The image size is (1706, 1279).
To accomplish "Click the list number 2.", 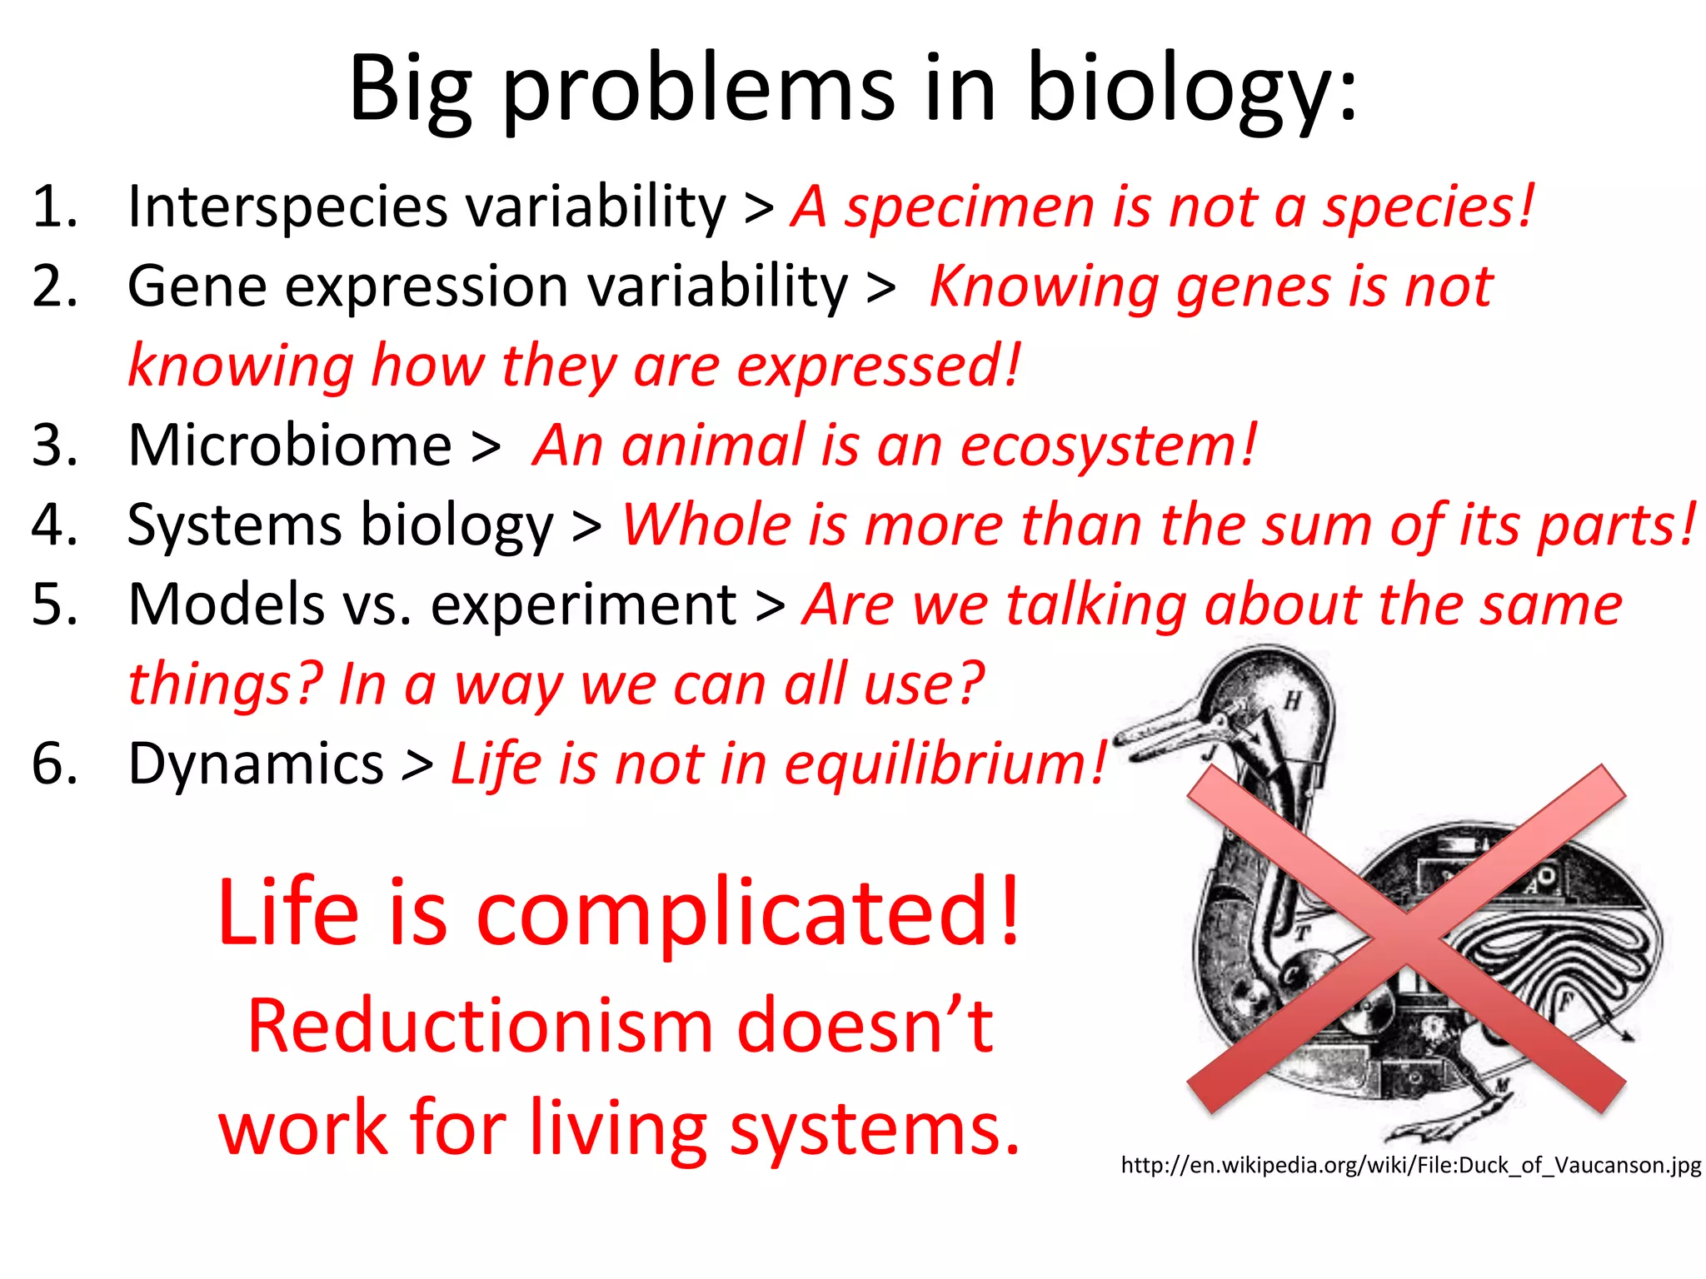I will click(54, 286).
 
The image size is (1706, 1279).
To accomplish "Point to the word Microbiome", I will click(289, 445).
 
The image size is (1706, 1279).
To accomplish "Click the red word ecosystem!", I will click(1108, 445).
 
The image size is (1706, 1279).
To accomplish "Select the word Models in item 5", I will click(225, 605).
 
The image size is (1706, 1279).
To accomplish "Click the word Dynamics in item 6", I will click(255, 764).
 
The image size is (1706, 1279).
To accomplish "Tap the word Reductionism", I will click(480, 1026).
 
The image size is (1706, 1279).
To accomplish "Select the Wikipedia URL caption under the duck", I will click(1410, 1165).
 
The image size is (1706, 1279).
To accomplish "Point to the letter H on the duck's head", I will click(1292, 701).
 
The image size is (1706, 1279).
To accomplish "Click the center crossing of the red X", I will click(1406, 939).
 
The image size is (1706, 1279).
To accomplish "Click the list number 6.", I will click(54, 764).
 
